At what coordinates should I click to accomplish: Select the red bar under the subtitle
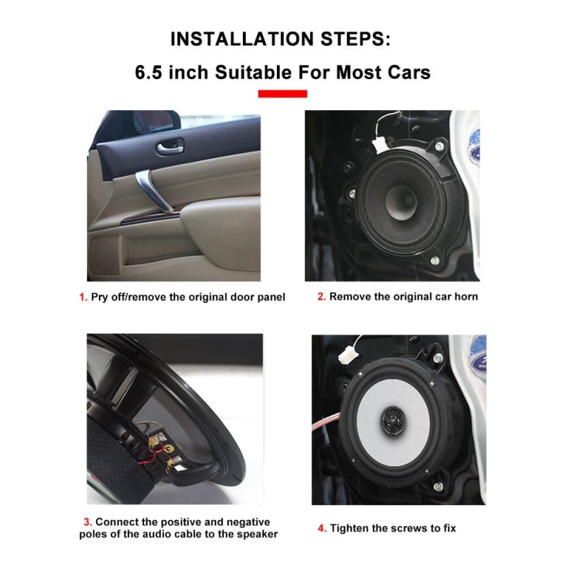pyautogui.click(x=282, y=93)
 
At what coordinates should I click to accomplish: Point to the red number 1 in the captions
pyautogui.click(x=83, y=297)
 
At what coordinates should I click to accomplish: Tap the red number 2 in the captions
pyautogui.click(x=321, y=297)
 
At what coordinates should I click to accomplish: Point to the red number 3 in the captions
pyautogui.click(x=88, y=522)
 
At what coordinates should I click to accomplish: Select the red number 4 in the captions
pyautogui.click(x=322, y=528)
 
